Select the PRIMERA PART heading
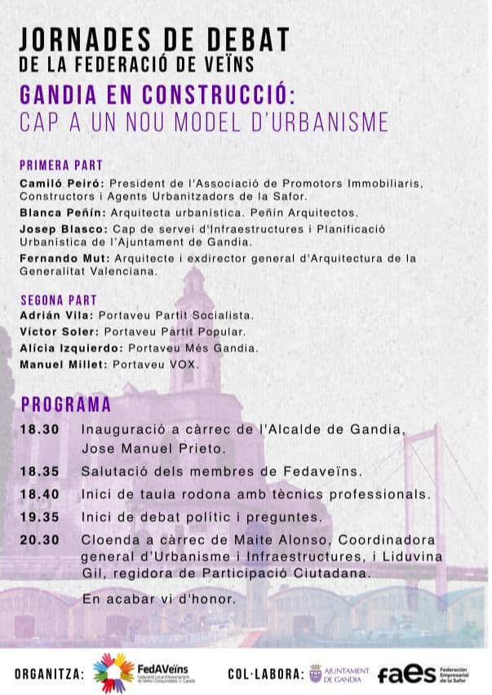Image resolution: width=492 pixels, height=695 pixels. (x=55, y=164)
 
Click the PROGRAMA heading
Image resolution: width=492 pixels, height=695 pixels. (x=66, y=404)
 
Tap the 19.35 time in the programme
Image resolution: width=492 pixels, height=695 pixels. (x=40, y=517)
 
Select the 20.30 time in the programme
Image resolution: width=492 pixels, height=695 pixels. (x=40, y=541)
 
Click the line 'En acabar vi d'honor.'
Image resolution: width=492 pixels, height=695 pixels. (x=159, y=600)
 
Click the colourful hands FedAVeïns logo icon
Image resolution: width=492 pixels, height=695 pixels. (x=113, y=672)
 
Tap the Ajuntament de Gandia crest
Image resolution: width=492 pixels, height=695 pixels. (x=316, y=674)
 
